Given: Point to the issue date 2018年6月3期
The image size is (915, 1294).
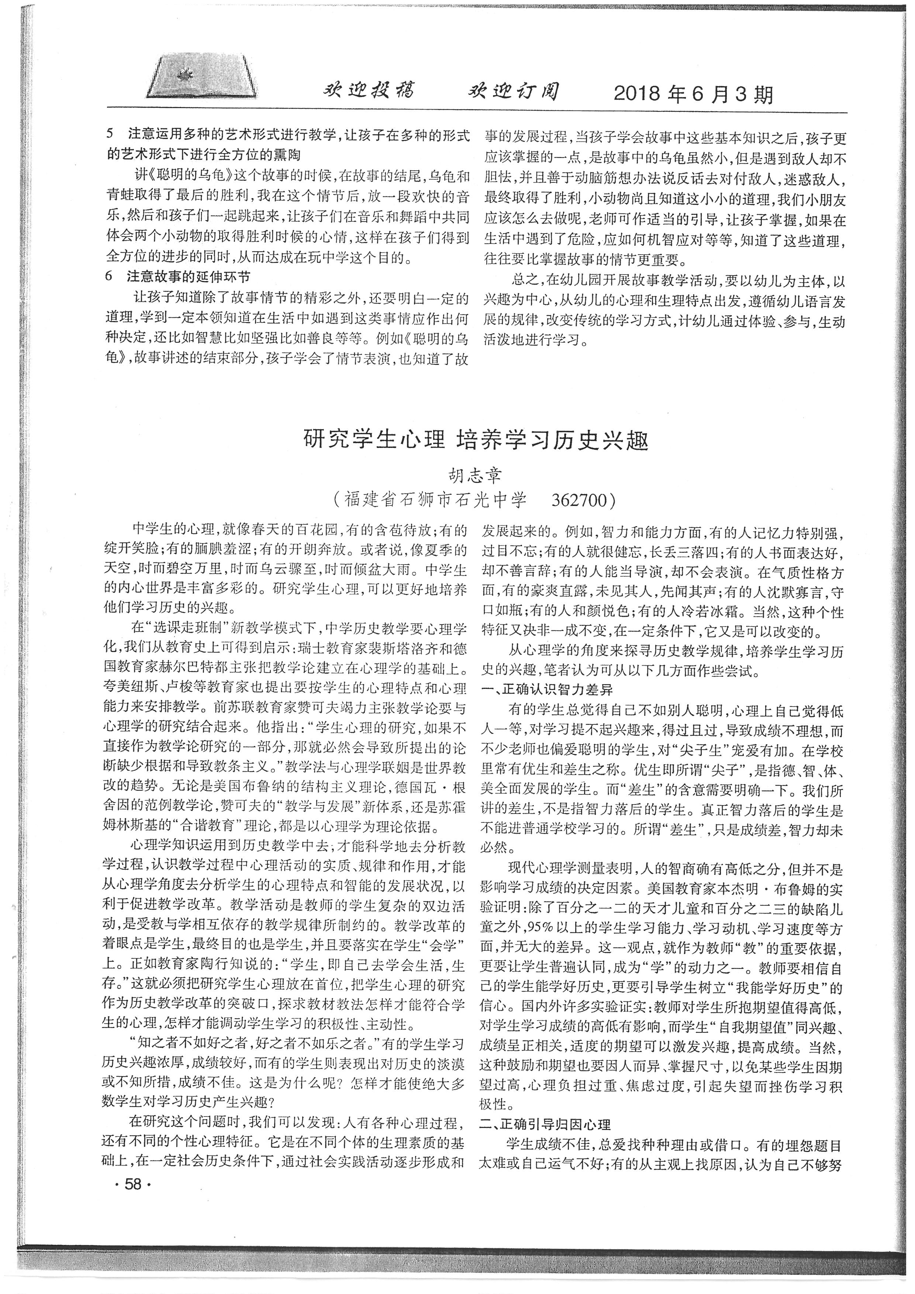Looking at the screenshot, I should tap(693, 94).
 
